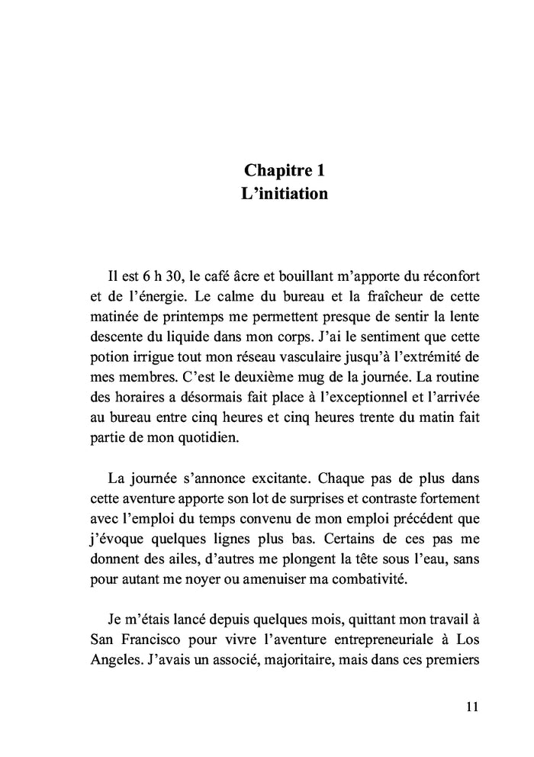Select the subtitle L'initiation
click(284, 194)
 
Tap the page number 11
click(471, 706)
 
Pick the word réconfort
click(446, 273)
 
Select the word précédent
click(413, 520)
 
